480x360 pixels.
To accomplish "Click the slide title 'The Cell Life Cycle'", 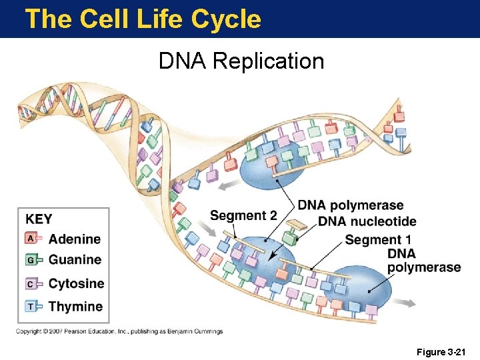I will (143, 19).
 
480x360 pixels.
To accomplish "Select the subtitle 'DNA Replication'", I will (241, 61).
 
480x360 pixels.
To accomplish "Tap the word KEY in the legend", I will (39, 219).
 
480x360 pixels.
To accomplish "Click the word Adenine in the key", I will (75, 239).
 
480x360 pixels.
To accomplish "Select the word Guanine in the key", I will (75, 260).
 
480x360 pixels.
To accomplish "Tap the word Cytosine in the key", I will (76, 283).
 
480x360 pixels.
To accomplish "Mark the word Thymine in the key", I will (75, 307).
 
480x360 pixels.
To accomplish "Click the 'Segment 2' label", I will (243, 215).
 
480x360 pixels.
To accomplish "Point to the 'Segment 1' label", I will (378, 239).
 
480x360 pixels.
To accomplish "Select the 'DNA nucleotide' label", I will (367, 221).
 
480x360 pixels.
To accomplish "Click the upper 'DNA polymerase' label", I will (351, 205).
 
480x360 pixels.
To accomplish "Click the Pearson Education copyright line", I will (120, 331).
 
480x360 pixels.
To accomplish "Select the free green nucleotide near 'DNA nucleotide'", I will (290, 235).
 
